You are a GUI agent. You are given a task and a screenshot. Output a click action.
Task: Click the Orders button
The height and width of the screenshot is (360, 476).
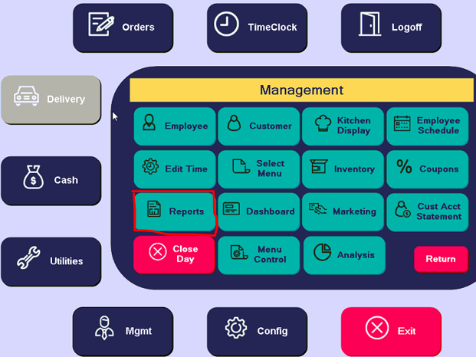pyautogui.click(x=123, y=28)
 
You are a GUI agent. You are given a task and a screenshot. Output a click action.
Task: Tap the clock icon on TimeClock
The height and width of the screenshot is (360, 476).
pyautogui.click(x=226, y=24)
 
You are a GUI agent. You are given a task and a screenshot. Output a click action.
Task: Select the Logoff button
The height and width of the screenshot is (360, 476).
pyautogui.click(x=391, y=28)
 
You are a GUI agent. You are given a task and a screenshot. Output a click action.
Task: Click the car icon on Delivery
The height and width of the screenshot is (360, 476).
pyautogui.click(x=26, y=96)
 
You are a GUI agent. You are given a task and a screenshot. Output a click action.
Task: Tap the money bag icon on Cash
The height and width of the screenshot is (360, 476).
pyautogui.click(x=34, y=177)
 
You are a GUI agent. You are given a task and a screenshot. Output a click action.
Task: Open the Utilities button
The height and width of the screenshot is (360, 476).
pyautogui.click(x=51, y=261)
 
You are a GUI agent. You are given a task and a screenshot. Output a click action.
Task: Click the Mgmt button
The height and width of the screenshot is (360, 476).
pyautogui.click(x=123, y=331)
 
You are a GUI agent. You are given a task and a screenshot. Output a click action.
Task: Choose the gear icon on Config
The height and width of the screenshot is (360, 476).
pyautogui.click(x=236, y=328)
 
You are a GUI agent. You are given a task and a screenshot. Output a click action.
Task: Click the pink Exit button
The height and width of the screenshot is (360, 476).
pyautogui.click(x=391, y=331)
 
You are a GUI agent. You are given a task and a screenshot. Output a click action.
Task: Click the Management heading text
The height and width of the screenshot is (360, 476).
pyautogui.click(x=301, y=90)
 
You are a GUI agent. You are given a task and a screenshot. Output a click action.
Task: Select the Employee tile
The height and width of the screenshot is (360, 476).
pyautogui.click(x=175, y=126)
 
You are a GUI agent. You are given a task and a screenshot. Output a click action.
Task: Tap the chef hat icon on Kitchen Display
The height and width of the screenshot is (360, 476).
pyautogui.click(x=323, y=123)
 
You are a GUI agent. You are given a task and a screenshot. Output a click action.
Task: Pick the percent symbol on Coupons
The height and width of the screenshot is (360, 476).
pyautogui.click(x=404, y=166)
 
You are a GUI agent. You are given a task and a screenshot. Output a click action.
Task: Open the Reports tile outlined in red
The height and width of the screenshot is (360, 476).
pyautogui.click(x=175, y=212)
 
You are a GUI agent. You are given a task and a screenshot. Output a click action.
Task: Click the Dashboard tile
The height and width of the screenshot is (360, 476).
pyautogui.click(x=258, y=212)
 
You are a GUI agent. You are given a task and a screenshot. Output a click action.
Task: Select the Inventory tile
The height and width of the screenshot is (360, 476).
pyautogui.click(x=343, y=169)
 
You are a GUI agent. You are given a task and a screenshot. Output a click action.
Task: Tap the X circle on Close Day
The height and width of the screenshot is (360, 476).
pyautogui.click(x=158, y=251)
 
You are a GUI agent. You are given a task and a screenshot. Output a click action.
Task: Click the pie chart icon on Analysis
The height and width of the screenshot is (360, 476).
pyautogui.click(x=322, y=252)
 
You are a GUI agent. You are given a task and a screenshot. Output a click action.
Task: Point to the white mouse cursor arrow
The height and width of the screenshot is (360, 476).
pyautogui.click(x=115, y=116)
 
